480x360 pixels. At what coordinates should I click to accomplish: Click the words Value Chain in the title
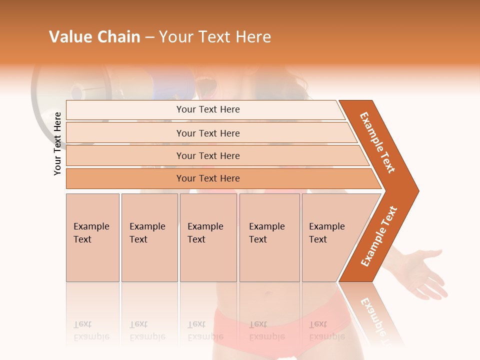pos(94,37)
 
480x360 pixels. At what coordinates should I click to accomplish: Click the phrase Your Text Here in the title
pos(215,37)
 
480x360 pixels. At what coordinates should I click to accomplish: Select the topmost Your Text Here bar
pos(208,109)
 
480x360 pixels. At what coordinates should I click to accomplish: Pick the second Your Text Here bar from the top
pos(208,133)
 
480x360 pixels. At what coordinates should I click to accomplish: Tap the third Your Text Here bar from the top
pos(208,155)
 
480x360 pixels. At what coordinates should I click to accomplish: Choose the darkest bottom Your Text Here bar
pos(208,178)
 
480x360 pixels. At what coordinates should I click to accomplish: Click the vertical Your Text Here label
pos(57,143)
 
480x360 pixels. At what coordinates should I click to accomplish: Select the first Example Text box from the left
pos(92,237)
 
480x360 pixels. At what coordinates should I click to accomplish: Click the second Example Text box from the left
pos(149,237)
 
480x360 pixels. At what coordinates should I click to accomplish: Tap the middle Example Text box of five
pos(208,237)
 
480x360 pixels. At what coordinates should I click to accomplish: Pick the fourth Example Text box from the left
pos(269,237)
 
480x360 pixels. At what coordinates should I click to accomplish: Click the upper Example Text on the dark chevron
pos(378,142)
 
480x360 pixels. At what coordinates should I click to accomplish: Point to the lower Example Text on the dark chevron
pos(379,236)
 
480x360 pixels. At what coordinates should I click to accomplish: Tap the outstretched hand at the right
pos(425,272)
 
